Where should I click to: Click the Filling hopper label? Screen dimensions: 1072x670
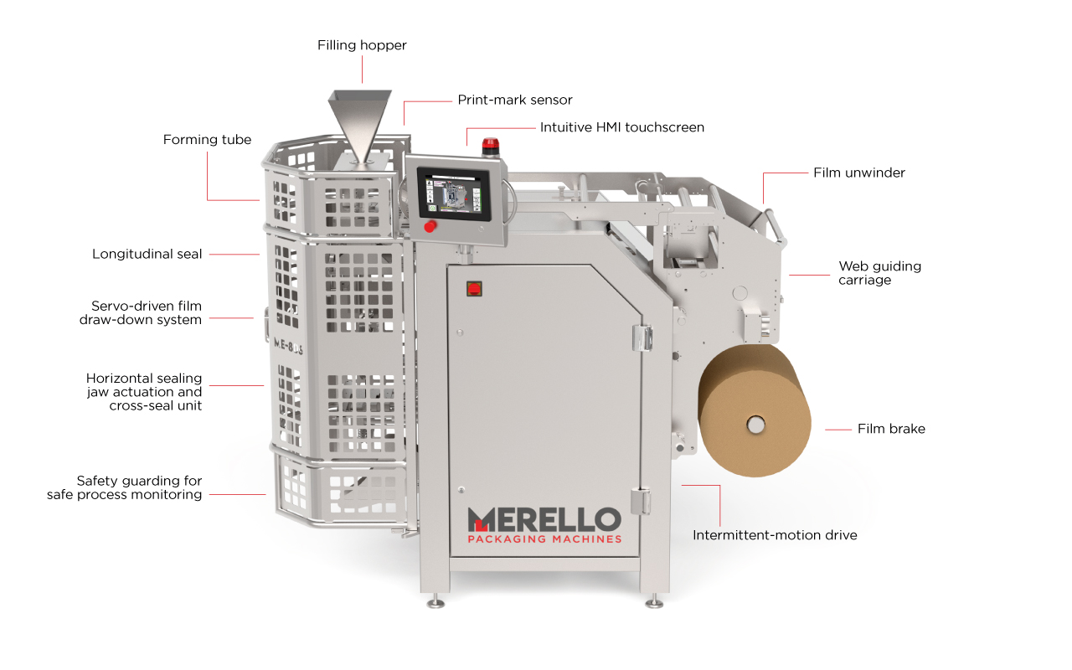[x=362, y=45]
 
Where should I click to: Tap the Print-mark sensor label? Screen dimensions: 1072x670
[x=515, y=100]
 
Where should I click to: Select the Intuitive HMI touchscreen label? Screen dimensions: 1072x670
[x=622, y=127]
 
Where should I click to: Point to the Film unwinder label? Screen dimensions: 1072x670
[x=859, y=173]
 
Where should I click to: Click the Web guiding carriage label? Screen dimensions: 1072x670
[x=879, y=273]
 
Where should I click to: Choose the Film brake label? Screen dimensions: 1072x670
[x=891, y=429]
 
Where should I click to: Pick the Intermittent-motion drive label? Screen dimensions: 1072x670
[x=775, y=535]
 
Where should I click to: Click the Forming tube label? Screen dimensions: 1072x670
[x=207, y=140]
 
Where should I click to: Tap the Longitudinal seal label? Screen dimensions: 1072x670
[x=147, y=254]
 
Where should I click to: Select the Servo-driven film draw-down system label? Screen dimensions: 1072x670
[x=141, y=313]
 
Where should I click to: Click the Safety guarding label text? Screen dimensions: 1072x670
[x=125, y=487]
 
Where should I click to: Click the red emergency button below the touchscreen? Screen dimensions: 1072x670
[x=430, y=226]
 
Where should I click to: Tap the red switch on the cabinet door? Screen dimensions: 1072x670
[x=474, y=289]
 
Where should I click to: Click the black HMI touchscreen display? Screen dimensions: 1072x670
[x=454, y=193]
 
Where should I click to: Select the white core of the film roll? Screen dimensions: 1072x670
[x=755, y=425]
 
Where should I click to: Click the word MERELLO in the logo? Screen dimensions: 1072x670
[x=544, y=520]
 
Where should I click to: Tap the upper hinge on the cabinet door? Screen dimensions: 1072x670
[x=642, y=338]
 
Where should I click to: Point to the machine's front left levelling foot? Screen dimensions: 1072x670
[x=435, y=601]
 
